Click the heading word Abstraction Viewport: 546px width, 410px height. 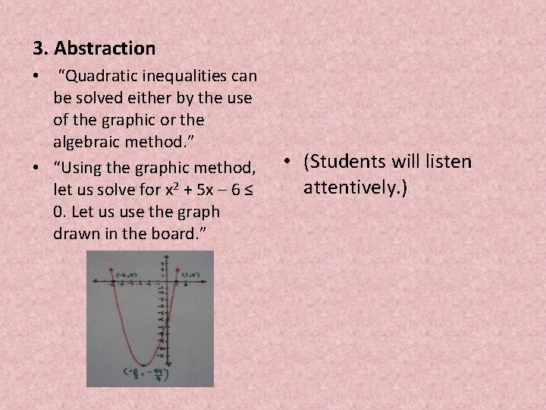point(105,49)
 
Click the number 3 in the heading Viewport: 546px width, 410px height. point(38,49)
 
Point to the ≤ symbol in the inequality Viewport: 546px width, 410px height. point(245,189)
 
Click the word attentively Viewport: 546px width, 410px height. point(355,186)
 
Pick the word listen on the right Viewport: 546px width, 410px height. point(446,162)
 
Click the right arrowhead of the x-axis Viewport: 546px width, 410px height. point(206,282)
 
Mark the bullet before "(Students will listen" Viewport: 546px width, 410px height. point(291,162)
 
